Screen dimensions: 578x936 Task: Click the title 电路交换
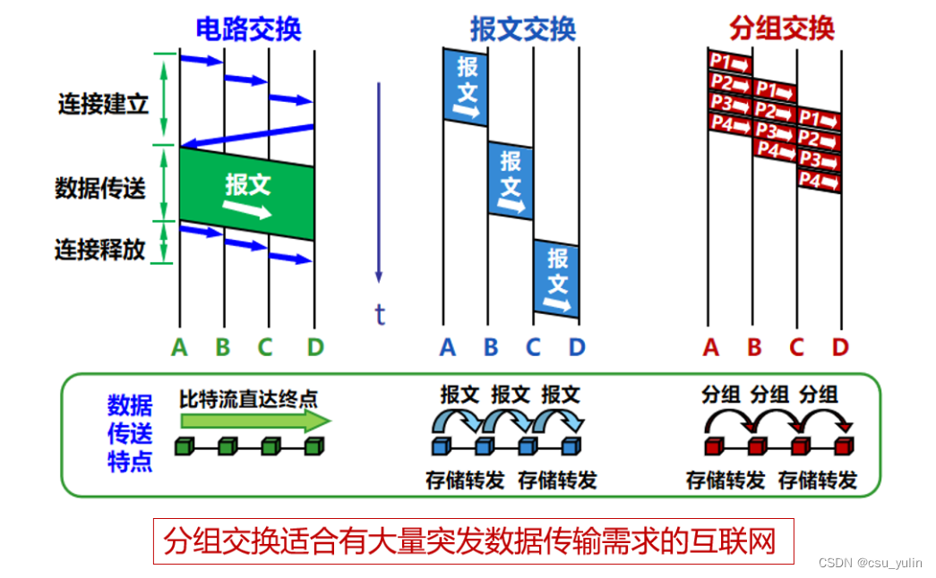click(x=248, y=29)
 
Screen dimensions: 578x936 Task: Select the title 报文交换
click(x=522, y=29)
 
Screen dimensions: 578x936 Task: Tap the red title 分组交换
click(x=781, y=29)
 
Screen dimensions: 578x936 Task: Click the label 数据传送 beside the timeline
click(x=99, y=188)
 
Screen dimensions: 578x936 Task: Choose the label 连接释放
click(x=99, y=249)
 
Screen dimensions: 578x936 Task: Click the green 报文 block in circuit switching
click(x=247, y=192)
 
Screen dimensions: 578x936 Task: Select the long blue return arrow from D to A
click(x=247, y=136)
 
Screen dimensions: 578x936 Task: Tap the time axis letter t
click(x=380, y=314)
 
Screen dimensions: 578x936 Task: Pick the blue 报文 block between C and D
click(x=556, y=279)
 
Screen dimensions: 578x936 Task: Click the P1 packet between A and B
click(x=730, y=63)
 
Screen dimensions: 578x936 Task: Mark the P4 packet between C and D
click(x=819, y=182)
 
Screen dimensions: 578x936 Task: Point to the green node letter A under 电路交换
click(x=180, y=347)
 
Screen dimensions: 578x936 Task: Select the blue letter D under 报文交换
click(x=577, y=347)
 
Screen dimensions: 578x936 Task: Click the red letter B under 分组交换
click(x=754, y=347)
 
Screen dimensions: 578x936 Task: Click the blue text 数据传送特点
click(x=130, y=434)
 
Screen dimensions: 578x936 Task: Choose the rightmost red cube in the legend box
click(x=843, y=446)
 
